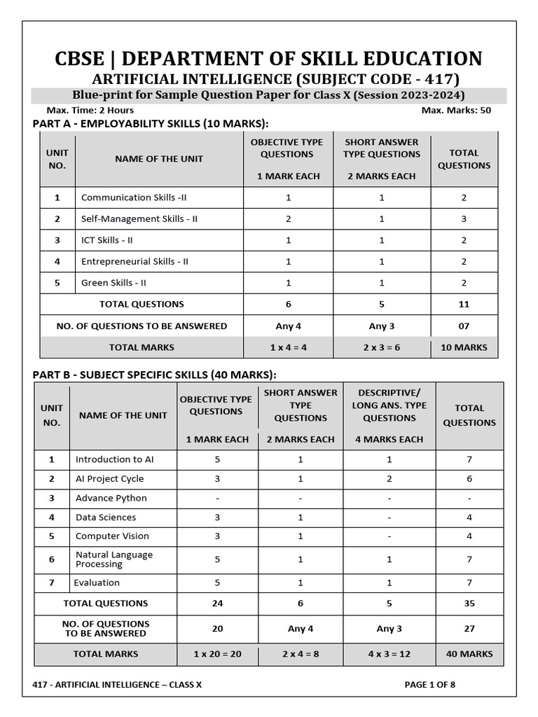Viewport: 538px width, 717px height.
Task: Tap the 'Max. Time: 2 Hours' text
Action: point(90,110)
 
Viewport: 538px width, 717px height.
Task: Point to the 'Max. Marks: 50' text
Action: point(456,110)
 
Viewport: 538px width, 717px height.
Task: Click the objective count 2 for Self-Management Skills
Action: point(288,218)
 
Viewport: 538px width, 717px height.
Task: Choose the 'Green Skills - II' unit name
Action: point(113,283)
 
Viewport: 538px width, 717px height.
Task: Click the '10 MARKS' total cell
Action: point(464,347)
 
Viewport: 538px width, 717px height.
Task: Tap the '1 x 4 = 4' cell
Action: point(288,347)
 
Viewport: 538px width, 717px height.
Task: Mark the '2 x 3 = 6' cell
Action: point(382,347)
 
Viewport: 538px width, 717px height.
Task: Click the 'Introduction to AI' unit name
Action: point(114,459)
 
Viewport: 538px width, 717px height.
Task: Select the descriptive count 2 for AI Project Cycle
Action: point(389,479)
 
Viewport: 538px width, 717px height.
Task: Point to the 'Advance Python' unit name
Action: point(111,498)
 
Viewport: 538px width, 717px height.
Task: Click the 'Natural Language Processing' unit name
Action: point(113,559)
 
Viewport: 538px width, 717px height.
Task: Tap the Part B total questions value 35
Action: point(469,603)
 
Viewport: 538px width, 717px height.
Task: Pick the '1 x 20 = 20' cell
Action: point(217,654)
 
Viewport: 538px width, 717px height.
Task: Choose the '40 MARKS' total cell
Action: point(469,654)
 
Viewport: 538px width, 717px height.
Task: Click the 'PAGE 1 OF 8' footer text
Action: point(429,685)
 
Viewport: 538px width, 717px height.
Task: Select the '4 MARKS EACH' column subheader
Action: point(389,439)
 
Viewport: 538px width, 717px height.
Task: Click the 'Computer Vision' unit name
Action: point(112,536)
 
